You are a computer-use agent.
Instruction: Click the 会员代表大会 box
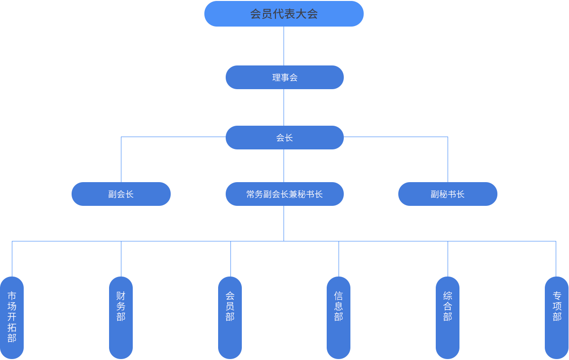[284, 13]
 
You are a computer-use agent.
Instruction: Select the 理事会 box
[284, 77]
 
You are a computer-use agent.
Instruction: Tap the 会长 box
[284, 137]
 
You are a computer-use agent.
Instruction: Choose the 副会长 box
[121, 194]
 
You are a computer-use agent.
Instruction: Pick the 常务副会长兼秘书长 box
[284, 194]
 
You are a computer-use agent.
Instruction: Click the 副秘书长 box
[448, 194]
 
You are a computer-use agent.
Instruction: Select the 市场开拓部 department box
[12, 317]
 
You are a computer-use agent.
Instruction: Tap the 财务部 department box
[121, 317]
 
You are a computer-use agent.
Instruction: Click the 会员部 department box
[230, 317]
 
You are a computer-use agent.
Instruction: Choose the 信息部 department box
[339, 317]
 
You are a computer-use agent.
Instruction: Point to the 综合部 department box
[448, 317]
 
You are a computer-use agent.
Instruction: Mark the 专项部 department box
[556, 317]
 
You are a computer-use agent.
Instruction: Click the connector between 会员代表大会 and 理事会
[284, 46]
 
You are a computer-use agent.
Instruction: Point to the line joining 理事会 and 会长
[284, 107]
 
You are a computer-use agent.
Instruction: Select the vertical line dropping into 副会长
[121, 159]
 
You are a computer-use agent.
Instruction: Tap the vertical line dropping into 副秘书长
[448, 159]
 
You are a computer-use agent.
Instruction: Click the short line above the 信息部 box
[339, 258]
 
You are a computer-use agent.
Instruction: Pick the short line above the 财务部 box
[121, 258]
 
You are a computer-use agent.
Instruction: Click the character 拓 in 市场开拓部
[12, 327]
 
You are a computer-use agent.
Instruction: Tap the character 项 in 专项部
[557, 306]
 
